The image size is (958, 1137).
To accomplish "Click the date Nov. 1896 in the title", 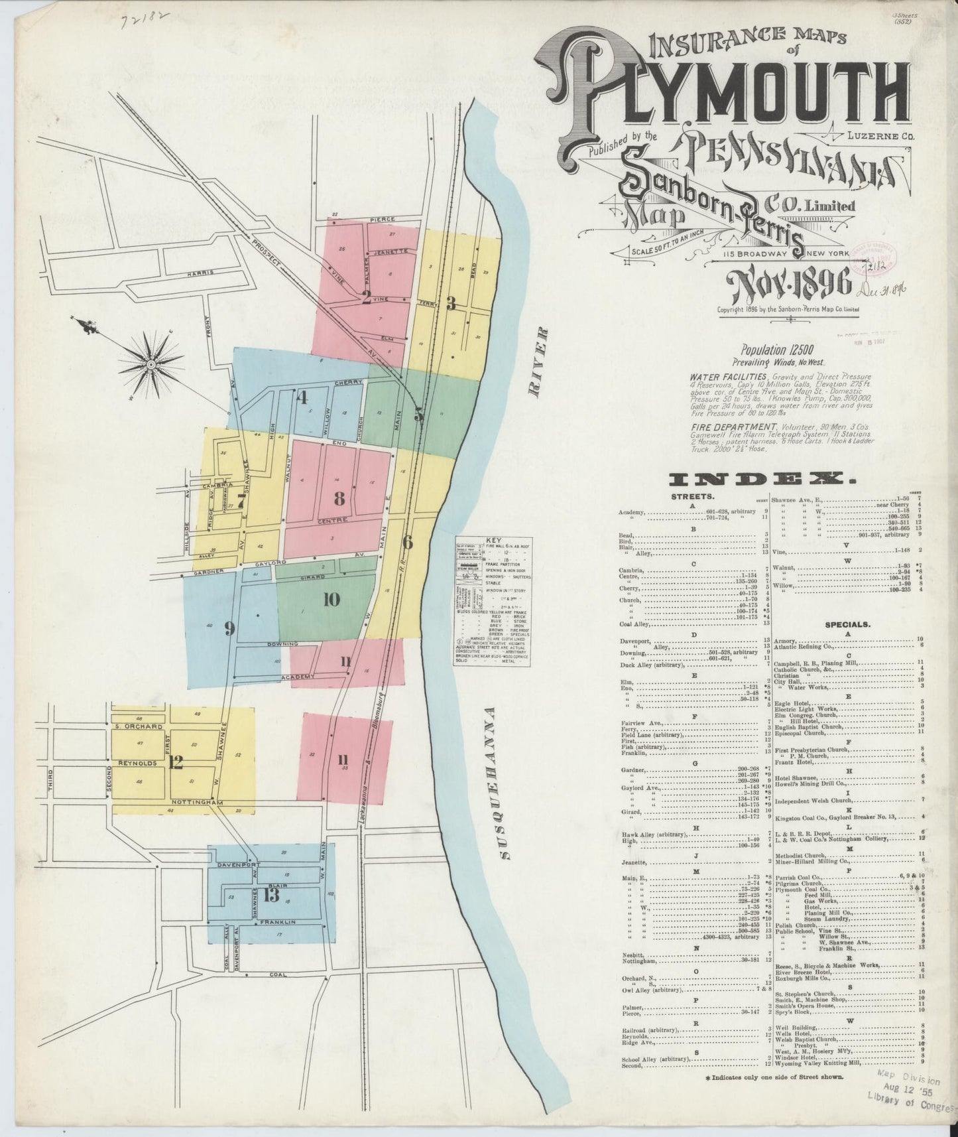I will click(x=788, y=286).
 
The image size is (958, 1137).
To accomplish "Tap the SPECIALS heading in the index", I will click(x=847, y=624).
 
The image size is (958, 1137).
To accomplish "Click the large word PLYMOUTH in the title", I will click(x=723, y=100).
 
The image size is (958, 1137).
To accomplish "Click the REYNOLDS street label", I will click(x=136, y=764).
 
